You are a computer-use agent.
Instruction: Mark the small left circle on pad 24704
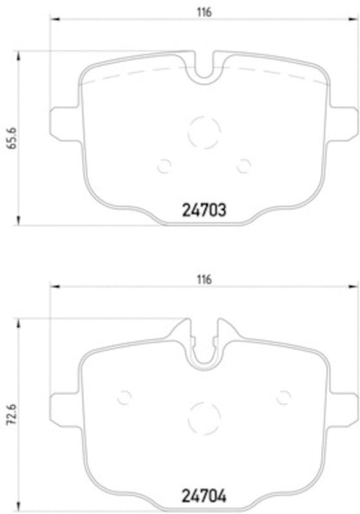point(124,397)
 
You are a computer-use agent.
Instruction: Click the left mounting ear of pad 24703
point(66,121)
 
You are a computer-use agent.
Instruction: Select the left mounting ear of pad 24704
point(66,404)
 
